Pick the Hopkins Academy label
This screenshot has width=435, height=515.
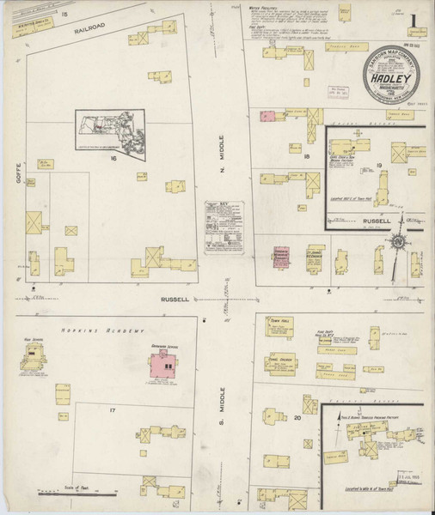point(89,330)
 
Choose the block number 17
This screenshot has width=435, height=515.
point(112,410)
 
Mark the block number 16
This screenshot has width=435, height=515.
point(112,158)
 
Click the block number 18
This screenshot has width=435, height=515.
point(305,157)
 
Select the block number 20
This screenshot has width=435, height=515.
point(297,418)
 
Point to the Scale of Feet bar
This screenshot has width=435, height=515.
point(77,492)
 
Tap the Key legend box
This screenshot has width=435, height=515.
point(224,227)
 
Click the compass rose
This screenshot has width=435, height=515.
point(398,244)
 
